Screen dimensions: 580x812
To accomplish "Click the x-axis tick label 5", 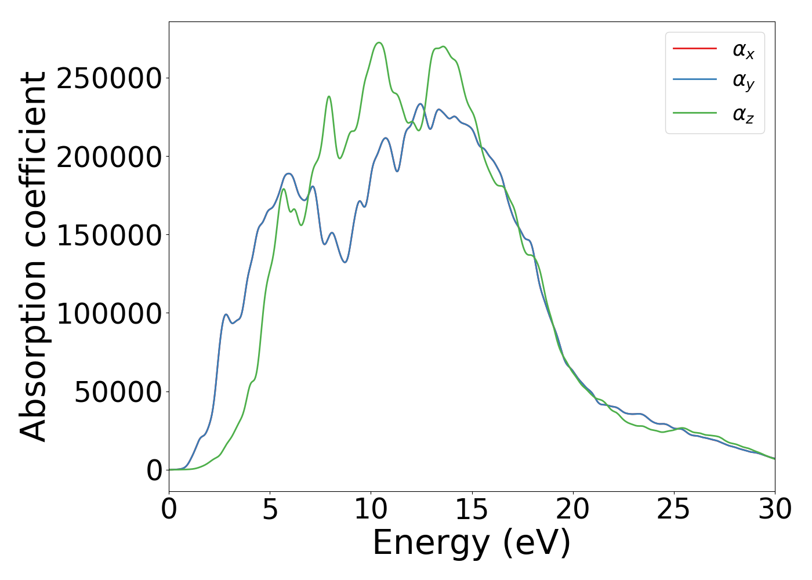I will (x=270, y=510).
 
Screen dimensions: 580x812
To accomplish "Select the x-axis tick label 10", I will (x=371, y=510).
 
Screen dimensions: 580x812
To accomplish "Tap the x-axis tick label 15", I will (x=472, y=510).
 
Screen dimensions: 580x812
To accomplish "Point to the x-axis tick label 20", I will (x=572, y=510).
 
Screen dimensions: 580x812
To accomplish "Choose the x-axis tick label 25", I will (x=673, y=510).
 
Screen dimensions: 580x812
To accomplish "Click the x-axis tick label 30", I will (x=775, y=510).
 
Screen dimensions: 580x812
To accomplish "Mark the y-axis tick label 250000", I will (x=108, y=78).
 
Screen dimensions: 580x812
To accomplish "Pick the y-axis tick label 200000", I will (x=108, y=157).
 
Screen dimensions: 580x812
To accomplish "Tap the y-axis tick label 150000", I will (x=108, y=235).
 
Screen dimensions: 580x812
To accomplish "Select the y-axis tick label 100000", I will (x=108, y=313).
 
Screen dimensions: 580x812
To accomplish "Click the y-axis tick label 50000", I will (x=118, y=392).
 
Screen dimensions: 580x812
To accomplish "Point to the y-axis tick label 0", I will (x=154, y=470).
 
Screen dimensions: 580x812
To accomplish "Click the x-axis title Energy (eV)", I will (x=472, y=543).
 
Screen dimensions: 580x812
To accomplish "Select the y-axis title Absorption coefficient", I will (x=33, y=256).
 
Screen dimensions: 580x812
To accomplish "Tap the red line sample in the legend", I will (x=694, y=48).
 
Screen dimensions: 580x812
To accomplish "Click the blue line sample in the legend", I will (x=694, y=80).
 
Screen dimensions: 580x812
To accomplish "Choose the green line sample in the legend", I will (x=694, y=113).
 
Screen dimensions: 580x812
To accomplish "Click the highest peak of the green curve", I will (x=379, y=42).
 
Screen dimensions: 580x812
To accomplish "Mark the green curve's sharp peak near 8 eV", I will (x=329, y=96).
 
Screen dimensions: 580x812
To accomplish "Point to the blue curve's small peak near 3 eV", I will (x=226, y=314).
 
